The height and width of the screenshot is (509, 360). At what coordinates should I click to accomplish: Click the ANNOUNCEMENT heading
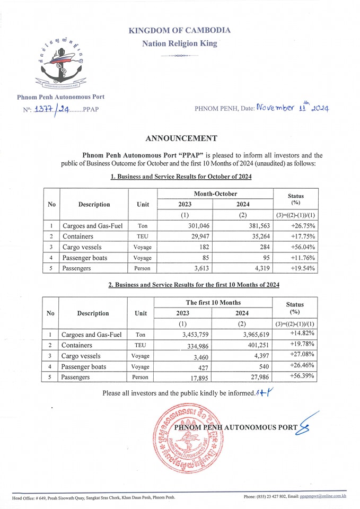(181, 138)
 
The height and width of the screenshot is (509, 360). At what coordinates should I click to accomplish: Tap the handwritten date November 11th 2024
(292, 108)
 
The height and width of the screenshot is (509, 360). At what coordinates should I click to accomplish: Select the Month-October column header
(215, 195)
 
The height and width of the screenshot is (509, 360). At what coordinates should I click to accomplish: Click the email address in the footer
(322, 497)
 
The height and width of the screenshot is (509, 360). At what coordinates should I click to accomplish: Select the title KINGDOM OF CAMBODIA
(179, 30)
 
